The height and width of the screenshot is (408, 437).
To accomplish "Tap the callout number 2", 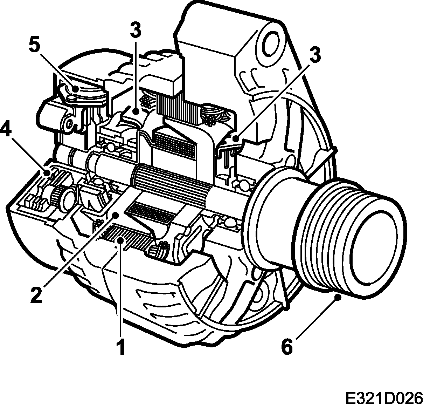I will [x=36, y=294].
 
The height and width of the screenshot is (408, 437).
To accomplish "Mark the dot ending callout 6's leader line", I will [x=338, y=297].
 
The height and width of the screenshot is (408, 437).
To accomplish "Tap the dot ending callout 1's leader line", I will [x=121, y=240].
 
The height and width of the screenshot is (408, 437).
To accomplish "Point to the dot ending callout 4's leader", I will [x=47, y=172].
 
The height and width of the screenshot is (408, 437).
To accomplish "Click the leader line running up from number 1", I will [x=121, y=291].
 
